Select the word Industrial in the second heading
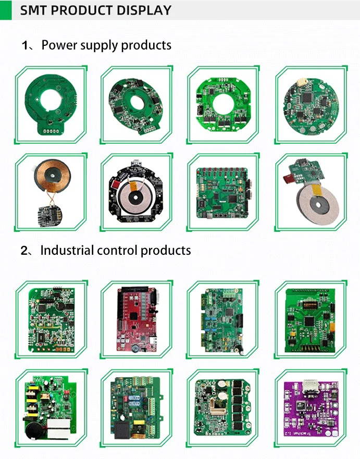(67, 251)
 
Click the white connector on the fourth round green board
(304, 82)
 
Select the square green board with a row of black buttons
(222, 192)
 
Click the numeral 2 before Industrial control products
(24, 251)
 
